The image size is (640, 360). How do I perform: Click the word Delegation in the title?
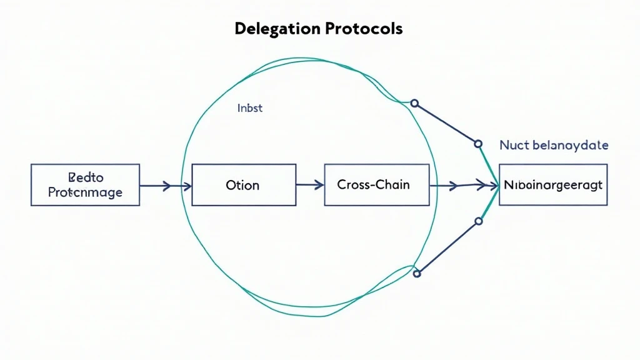275,29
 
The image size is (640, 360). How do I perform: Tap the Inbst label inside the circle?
250,108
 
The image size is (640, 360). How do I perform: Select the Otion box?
244,185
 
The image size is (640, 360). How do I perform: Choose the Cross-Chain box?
376,185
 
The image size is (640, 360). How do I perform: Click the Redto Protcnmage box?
85,185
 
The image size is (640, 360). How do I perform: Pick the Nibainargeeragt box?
553,185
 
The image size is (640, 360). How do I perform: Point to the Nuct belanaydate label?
554,146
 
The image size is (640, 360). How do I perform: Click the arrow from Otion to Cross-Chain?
310,185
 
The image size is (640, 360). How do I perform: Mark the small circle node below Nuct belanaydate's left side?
479,144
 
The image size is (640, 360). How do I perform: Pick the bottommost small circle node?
417,273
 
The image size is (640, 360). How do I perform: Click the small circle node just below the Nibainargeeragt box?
479,221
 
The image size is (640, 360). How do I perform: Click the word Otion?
243,186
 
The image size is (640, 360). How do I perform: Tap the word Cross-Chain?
373,185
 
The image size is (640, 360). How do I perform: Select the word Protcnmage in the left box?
85,193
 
